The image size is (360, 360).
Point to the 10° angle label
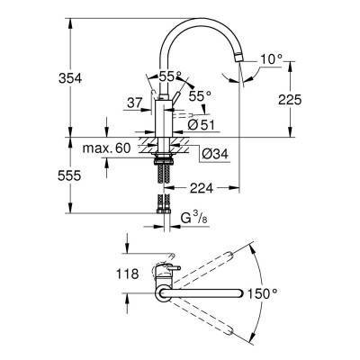coord(270,59)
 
